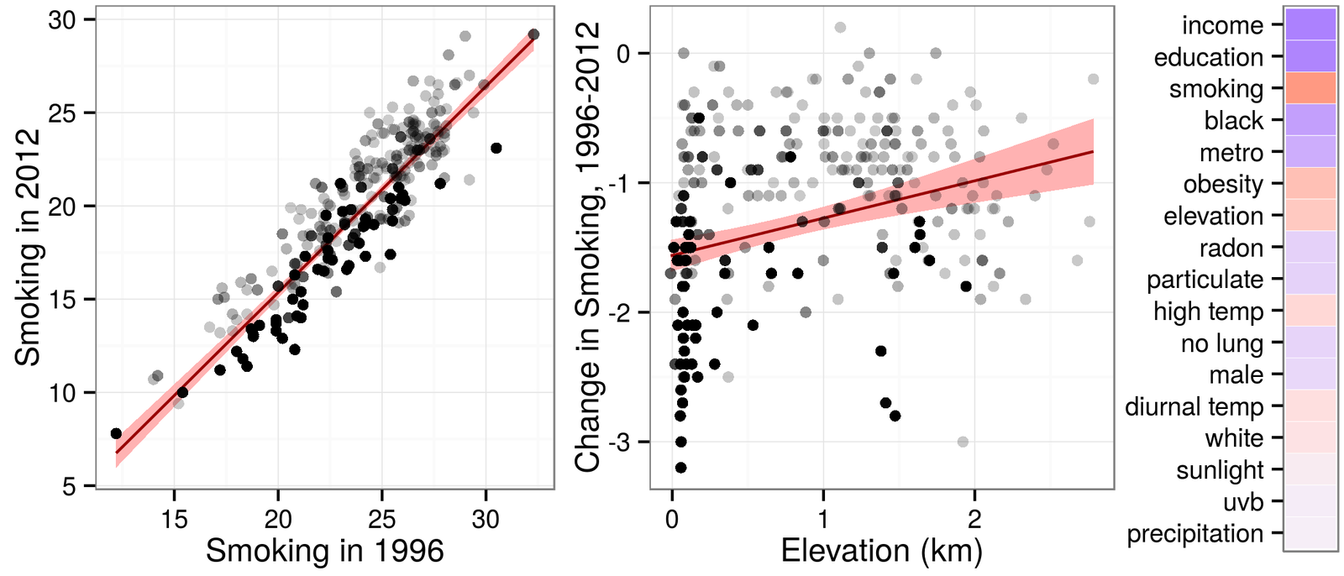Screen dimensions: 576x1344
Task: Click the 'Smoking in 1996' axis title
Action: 324,551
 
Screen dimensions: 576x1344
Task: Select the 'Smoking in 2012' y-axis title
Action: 28,247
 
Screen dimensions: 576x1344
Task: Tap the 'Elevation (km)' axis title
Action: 881,551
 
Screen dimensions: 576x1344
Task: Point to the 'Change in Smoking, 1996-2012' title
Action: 588,247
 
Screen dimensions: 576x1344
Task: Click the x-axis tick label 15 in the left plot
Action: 174,519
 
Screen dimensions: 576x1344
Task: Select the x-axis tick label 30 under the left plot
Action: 485,519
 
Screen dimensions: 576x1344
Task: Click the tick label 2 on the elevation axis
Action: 974,519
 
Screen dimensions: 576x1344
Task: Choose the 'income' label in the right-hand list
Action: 1222,25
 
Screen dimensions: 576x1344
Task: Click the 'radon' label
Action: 1231,248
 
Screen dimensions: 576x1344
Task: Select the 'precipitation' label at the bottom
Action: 1194,533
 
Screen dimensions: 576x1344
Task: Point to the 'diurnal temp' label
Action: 1194,406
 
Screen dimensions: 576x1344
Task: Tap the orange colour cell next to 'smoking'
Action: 1310,88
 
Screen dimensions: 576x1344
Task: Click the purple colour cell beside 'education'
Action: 1310,57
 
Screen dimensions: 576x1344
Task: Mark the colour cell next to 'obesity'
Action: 1310,184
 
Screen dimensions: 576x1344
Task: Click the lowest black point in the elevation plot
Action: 680,468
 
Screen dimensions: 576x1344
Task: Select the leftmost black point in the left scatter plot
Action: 116,433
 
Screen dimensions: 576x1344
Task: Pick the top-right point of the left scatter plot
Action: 533,34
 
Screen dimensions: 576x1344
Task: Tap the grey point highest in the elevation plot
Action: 840,28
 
